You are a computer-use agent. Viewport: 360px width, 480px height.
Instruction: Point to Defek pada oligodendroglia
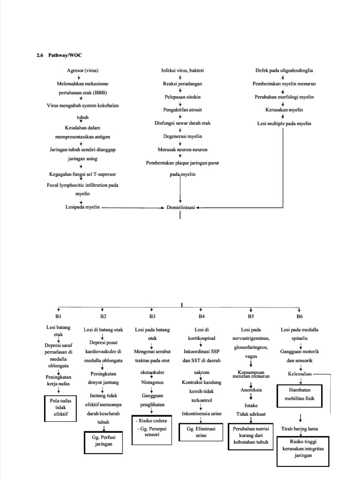pyautogui.click(x=284, y=70)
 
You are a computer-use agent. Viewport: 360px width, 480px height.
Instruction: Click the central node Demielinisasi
pyautogui.click(x=181, y=207)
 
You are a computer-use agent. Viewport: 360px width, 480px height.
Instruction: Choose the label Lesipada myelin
pyautogui.click(x=82, y=207)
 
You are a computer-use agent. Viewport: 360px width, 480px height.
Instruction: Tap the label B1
pyautogui.click(x=59, y=317)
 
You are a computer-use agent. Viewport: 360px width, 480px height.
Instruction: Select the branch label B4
pyautogui.click(x=202, y=317)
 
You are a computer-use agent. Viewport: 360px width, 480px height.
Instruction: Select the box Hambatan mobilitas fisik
pyautogui.click(x=300, y=394)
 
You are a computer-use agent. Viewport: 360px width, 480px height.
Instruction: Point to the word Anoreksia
pyautogui.click(x=251, y=390)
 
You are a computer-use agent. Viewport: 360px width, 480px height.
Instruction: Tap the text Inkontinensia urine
pyautogui.click(x=201, y=413)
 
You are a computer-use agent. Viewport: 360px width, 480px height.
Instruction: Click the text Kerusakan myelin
pyautogui.click(x=284, y=110)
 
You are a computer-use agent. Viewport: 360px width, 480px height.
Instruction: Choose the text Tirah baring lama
pyautogui.click(x=300, y=428)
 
